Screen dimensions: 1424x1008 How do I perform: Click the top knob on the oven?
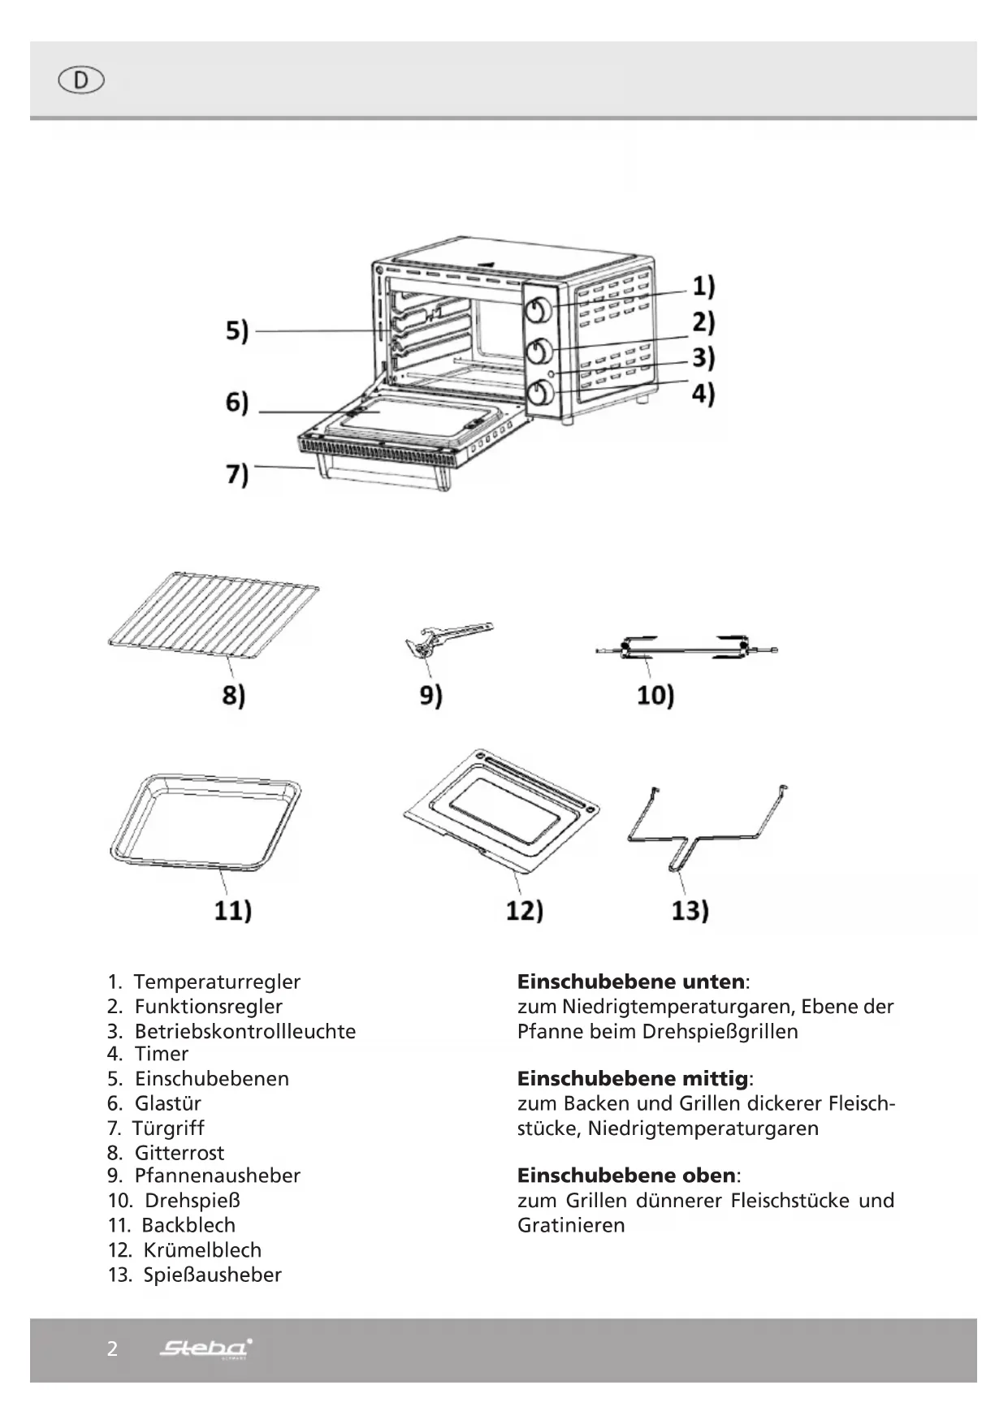tap(540, 310)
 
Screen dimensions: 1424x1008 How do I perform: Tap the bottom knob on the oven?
tap(540, 394)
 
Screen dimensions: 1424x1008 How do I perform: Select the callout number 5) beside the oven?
tap(236, 331)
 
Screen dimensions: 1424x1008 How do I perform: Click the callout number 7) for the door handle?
tap(236, 473)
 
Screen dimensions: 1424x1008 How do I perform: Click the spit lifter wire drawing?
tap(707, 828)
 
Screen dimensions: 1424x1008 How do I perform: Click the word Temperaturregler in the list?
tap(217, 982)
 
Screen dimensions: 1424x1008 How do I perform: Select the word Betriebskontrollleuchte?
tap(244, 1031)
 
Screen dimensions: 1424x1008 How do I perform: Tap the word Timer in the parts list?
tap(161, 1054)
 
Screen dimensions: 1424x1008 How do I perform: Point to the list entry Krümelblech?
tap(202, 1249)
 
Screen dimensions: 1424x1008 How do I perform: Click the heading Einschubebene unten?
tap(630, 982)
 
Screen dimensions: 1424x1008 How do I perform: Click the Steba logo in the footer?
tap(205, 1348)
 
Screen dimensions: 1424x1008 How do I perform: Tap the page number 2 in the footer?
tap(112, 1348)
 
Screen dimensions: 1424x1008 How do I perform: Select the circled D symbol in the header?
tap(81, 80)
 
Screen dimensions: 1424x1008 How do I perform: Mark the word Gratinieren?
tap(571, 1225)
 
